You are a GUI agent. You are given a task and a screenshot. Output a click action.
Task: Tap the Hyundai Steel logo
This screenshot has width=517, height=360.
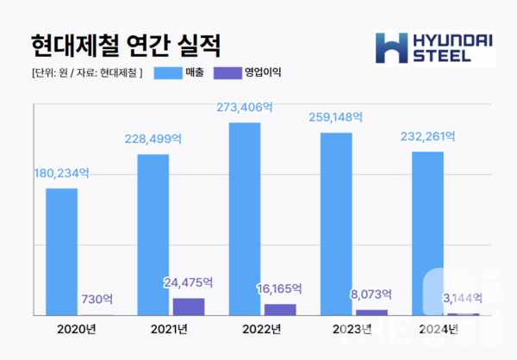click(435, 48)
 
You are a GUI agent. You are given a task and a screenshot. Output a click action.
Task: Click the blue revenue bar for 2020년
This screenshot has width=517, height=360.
click(61, 251)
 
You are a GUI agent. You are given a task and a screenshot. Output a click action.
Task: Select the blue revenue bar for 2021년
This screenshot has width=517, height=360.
click(153, 234)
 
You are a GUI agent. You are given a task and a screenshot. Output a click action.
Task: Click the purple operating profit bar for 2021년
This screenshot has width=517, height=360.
click(189, 307)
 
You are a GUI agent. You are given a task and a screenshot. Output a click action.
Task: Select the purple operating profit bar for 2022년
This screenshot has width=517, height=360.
click(280, 310)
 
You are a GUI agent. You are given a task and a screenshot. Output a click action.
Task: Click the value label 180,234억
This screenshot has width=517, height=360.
click(61, 173)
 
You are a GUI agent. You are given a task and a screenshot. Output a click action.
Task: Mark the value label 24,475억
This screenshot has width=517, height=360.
click(189, 282)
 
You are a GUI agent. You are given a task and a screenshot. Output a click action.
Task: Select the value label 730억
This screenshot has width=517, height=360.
click(97, 299)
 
